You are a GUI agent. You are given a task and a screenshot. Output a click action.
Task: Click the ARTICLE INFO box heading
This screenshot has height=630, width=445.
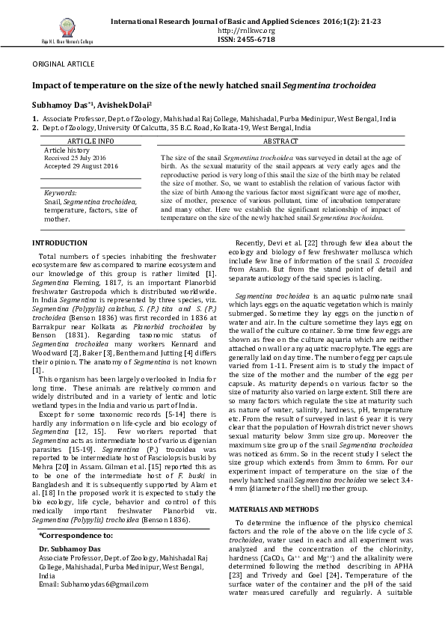coord(90,141)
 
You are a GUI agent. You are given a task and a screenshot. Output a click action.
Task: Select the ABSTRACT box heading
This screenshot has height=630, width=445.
coord(280,141)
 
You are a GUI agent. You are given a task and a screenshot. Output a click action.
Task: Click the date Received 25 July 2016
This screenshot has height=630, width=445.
coord(75,158)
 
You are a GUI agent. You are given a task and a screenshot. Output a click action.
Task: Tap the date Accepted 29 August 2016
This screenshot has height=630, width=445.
coord(78,165)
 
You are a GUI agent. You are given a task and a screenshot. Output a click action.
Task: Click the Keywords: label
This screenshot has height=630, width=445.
coord(61,193)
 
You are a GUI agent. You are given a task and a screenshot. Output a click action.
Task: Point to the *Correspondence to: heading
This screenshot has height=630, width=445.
coord(76,535)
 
